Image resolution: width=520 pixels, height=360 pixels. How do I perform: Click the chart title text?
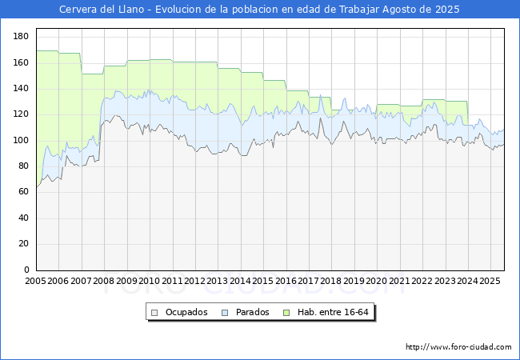point(260,9)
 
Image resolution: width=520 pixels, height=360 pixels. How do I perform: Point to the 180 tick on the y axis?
point(22,37)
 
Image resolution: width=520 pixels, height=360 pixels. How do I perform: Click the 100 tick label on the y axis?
point(22,141)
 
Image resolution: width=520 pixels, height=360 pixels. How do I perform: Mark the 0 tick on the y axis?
point(26,270)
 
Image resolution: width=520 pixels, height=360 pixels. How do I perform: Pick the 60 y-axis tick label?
point(24,193)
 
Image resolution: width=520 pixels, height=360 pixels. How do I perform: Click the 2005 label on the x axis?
point(36,282)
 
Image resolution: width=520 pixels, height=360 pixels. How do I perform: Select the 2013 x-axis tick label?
point(218,282)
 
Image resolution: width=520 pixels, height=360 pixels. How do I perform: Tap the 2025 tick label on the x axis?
point(490,282)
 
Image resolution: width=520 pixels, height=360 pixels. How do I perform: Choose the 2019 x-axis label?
point(354,282)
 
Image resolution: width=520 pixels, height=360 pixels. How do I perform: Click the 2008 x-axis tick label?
point(104,282)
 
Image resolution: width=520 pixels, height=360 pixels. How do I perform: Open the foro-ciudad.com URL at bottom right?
point(458,347)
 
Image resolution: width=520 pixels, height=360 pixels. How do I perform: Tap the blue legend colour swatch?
point(225,312)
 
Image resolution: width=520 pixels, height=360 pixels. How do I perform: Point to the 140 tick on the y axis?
point(22,89)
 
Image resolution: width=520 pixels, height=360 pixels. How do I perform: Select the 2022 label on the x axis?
point(422,282)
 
